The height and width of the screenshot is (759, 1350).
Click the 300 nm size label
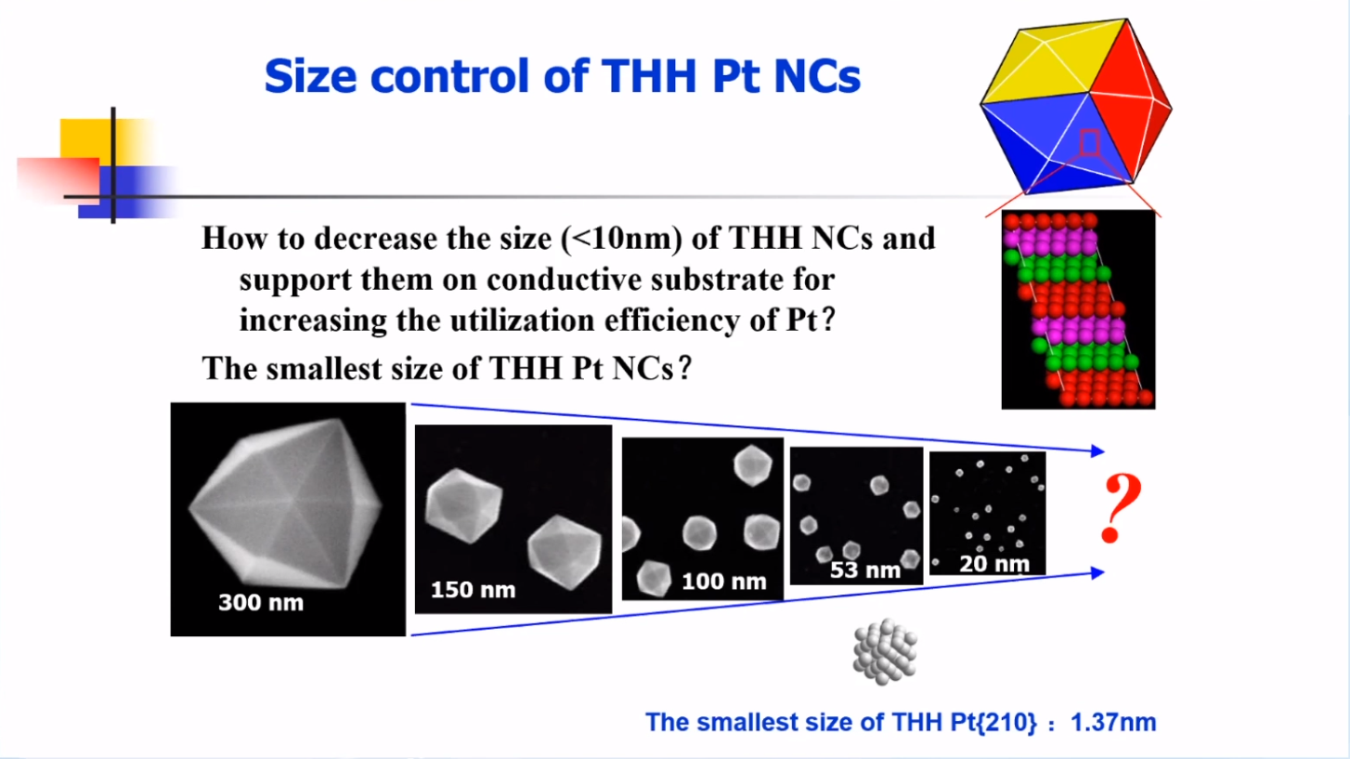tap(261, 602)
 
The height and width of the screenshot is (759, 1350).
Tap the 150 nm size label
tap(474, 589)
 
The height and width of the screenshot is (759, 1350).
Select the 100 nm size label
tap(724, 582)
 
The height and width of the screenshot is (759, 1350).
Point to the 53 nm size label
tap(864, 569)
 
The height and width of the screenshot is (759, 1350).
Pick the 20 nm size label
tap(994, 564)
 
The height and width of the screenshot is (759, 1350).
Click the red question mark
tap(1121, 508)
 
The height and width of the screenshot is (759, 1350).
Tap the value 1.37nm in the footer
tap(1113, 722)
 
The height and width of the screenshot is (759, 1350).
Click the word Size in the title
tap(310, 76)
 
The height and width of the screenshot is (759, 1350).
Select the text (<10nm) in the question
tap(621, 239)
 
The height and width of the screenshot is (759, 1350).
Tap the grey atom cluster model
tap(885, 651)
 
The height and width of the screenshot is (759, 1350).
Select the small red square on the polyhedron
tap(1090, 142)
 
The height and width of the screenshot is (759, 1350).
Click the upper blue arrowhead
tap(1097, 451)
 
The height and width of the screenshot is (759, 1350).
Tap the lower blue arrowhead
tap(1097, 572)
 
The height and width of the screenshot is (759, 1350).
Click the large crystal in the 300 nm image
tap(286, 504)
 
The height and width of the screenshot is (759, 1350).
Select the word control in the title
tap(449, 76)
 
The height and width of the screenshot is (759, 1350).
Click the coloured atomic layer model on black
tap(1078, 309)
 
